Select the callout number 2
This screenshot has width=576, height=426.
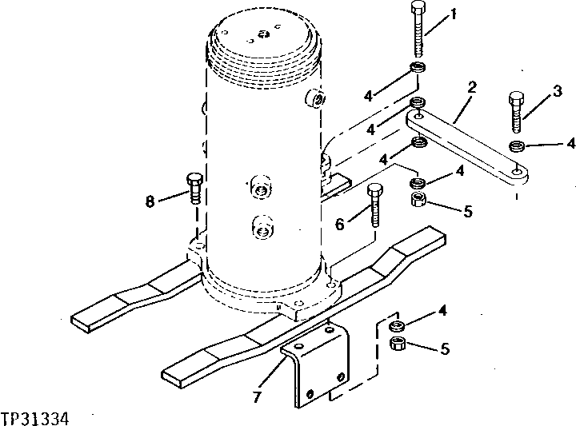click(x=473, y=88)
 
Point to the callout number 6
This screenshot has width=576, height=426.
click(x=339, y=226)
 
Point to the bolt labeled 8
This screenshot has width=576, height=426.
click(x=194, y=188)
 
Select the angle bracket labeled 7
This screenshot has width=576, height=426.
click(x=316, y=364)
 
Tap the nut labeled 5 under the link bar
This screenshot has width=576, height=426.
click(x=417, y=200)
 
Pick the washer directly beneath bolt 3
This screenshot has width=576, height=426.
click(x=517, y=146)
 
